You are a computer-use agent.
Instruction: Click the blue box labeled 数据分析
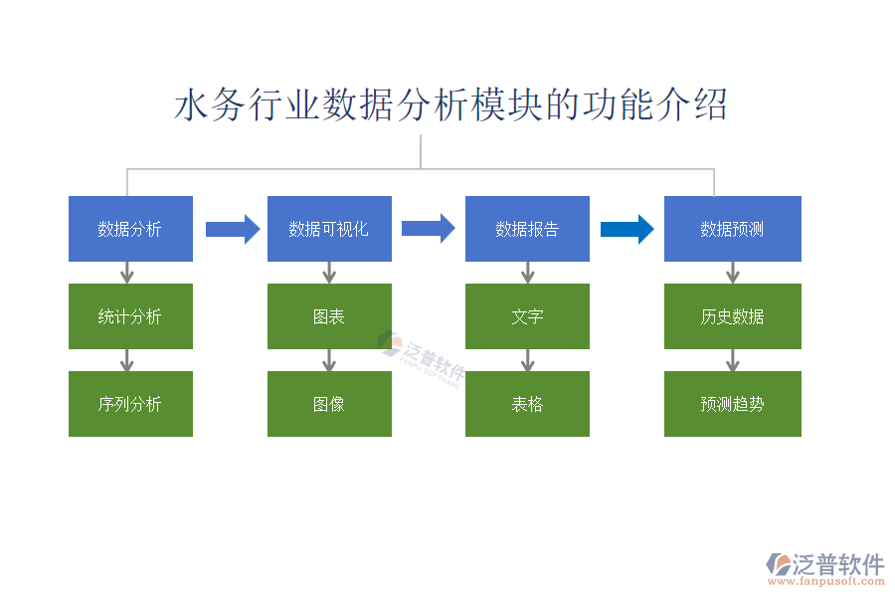(130, 229)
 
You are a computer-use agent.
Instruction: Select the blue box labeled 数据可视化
(329, 229)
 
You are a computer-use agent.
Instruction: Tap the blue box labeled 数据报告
(527, 229)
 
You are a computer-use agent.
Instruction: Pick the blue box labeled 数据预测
(732, 229)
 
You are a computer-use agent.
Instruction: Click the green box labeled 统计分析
(130, 316)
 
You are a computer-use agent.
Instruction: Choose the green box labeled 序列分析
(130, 404)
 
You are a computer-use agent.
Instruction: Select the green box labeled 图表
(329, 316)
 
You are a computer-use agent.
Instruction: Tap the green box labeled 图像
(329, 404)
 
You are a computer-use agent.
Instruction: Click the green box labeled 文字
(527, 316)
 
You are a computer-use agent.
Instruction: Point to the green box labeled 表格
(527, 404)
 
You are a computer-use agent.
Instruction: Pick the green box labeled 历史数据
(732, 316)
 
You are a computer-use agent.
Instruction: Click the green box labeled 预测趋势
(732, 404)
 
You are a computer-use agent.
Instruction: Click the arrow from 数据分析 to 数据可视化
(232, 230)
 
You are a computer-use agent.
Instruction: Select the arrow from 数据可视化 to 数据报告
(428, 229)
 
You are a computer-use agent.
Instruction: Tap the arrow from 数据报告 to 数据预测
(626, 229)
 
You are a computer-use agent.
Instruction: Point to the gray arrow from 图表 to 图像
(329, 360)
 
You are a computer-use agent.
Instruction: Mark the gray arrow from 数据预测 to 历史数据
(733, 273)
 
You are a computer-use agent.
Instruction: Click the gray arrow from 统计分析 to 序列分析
(127, 360)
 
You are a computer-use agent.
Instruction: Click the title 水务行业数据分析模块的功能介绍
(450, 104)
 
